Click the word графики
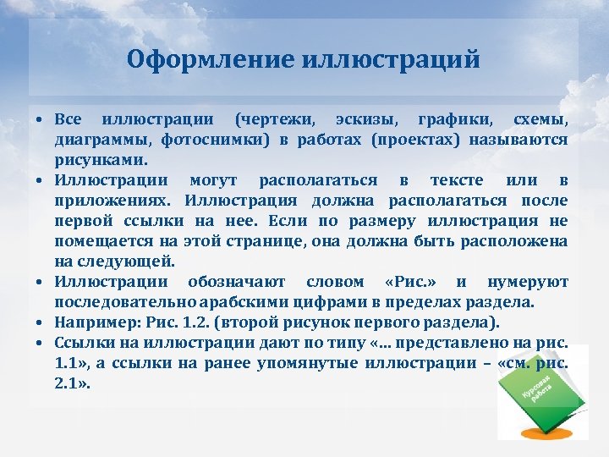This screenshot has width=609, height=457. click(x=453, y=118)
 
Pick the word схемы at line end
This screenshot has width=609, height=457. click(x=540, y=118)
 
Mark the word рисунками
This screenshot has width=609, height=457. click(x=101, y=159)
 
